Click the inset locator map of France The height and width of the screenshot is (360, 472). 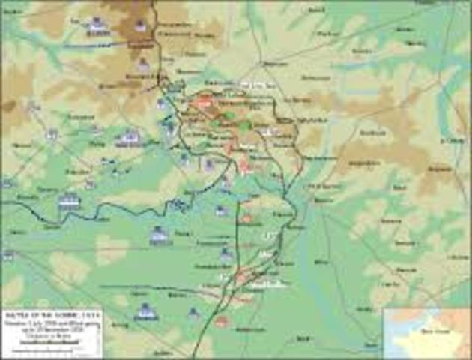coord(427,334)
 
